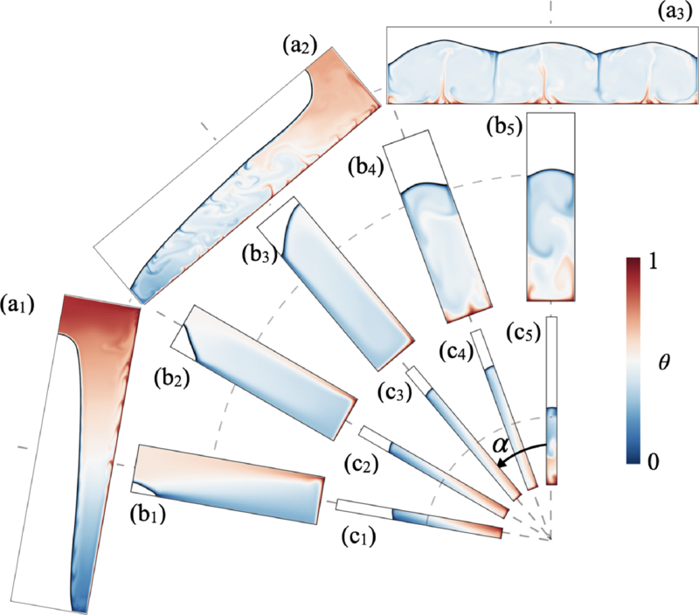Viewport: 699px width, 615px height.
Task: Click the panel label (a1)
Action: (20, 307)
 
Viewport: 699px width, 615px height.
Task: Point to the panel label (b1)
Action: (152, 513)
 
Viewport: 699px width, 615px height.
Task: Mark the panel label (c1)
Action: (356, 540)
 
